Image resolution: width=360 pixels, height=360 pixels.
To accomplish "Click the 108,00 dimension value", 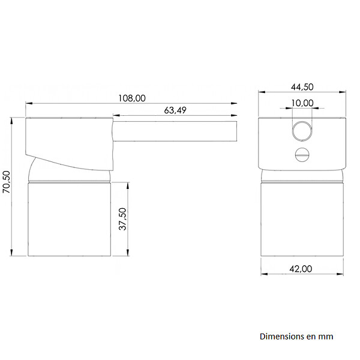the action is coord(132,98).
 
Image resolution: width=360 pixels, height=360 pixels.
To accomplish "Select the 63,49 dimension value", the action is coord(175,110).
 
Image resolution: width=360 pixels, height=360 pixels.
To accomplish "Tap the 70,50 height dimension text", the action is coord(7,182).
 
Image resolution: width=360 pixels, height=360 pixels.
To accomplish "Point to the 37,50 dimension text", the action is coord(122,219).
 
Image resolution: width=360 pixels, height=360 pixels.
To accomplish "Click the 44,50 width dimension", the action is coord(302,87).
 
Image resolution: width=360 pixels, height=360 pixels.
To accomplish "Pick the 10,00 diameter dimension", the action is coord(302,103).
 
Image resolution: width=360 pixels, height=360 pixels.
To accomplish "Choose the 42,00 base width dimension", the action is coord(301,269).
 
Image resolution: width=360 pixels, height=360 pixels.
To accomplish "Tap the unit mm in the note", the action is coord(326,337).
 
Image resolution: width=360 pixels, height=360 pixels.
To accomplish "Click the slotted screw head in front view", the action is coord(302,155).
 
